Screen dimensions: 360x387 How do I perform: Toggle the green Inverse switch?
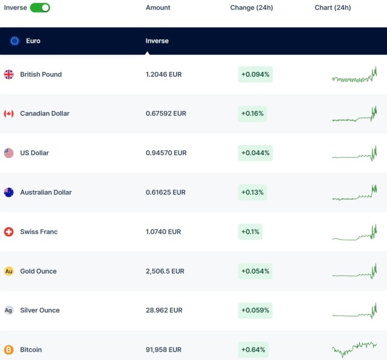click(x=40, y=8)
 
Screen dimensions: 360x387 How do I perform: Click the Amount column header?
click(x=158, y=8)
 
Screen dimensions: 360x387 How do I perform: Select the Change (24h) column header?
click(x=251, y=8)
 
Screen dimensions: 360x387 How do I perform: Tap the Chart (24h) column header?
click(x=333, y=8)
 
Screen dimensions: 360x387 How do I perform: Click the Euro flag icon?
click(x=15, y=41)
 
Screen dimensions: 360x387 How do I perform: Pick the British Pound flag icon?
click(x=9, y=74)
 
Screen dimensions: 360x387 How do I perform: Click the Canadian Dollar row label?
click(x=45, y=114)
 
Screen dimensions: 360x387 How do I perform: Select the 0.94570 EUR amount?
click(x=166, y=153)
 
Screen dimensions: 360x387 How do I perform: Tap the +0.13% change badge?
click(x=253, y=192)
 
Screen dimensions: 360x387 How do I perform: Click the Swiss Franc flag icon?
click(x=9, y=232)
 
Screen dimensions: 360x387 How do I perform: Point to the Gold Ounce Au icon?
click(x=9, y=271)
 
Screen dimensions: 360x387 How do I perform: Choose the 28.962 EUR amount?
click(x=164, y=310)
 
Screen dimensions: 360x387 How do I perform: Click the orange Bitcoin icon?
click(x=9, y=350)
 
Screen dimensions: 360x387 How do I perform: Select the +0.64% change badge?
click(x=253, y=350)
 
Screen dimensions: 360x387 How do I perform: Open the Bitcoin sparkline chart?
click(x=354, y=349)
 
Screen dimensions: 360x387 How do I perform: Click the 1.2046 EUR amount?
click(x=163, y=74)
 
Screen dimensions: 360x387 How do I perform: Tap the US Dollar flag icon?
click(x=9, y=153)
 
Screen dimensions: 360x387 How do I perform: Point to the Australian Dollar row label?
click(x=46, y=192)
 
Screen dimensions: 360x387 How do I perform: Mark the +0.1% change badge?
click(x=250, y=232)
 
